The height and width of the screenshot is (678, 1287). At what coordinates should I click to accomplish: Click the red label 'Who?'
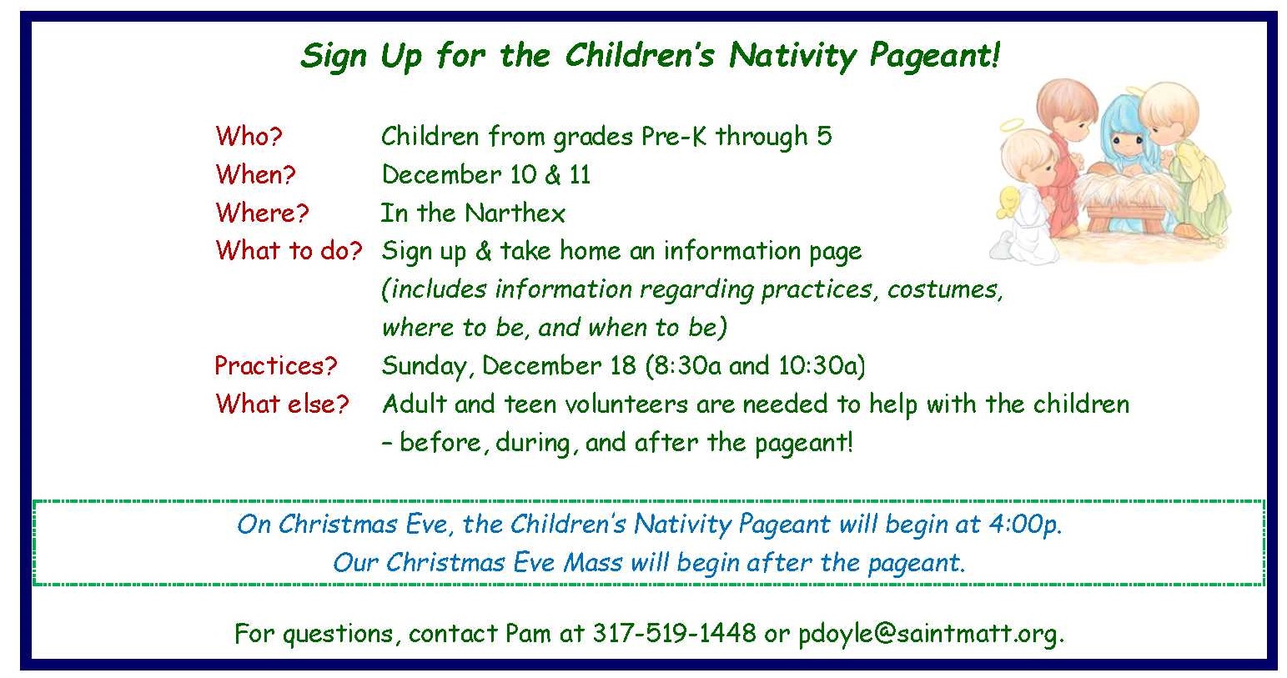(x=249, y=136)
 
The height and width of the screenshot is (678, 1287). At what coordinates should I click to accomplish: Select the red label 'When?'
(x=256, y=174)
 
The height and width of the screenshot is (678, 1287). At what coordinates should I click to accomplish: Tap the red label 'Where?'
(x=263, y=213)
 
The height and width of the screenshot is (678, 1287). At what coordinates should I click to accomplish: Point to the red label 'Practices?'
(x=276, y=366)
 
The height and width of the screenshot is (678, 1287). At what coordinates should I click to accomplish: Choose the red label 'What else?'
(x=283, y=404)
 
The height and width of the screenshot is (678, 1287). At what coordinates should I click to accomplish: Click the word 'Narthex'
(x=515, y=213)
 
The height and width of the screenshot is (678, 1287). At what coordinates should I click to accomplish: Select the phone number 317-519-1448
(x=675, y=633)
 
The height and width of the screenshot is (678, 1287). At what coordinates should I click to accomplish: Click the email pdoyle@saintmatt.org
(x=932, y=634)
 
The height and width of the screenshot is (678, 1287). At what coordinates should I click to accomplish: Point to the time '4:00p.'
(x=1026, y=524)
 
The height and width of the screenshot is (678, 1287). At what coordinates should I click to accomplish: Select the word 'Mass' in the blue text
(x=592, y=562)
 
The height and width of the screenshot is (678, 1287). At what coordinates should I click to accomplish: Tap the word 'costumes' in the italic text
(x=945, y=289)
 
